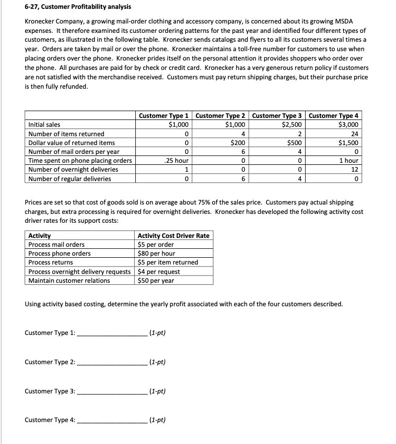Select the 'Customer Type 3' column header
tap(278, 116)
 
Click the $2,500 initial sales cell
tap(291, 125)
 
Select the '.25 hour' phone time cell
tap(176, 161)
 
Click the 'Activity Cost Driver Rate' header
tap(173, 235)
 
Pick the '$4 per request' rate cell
tap(158, 271)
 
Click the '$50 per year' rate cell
tap(156, 280)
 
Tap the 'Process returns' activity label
tap(51, 262)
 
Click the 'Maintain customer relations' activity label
tap(69, 280)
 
